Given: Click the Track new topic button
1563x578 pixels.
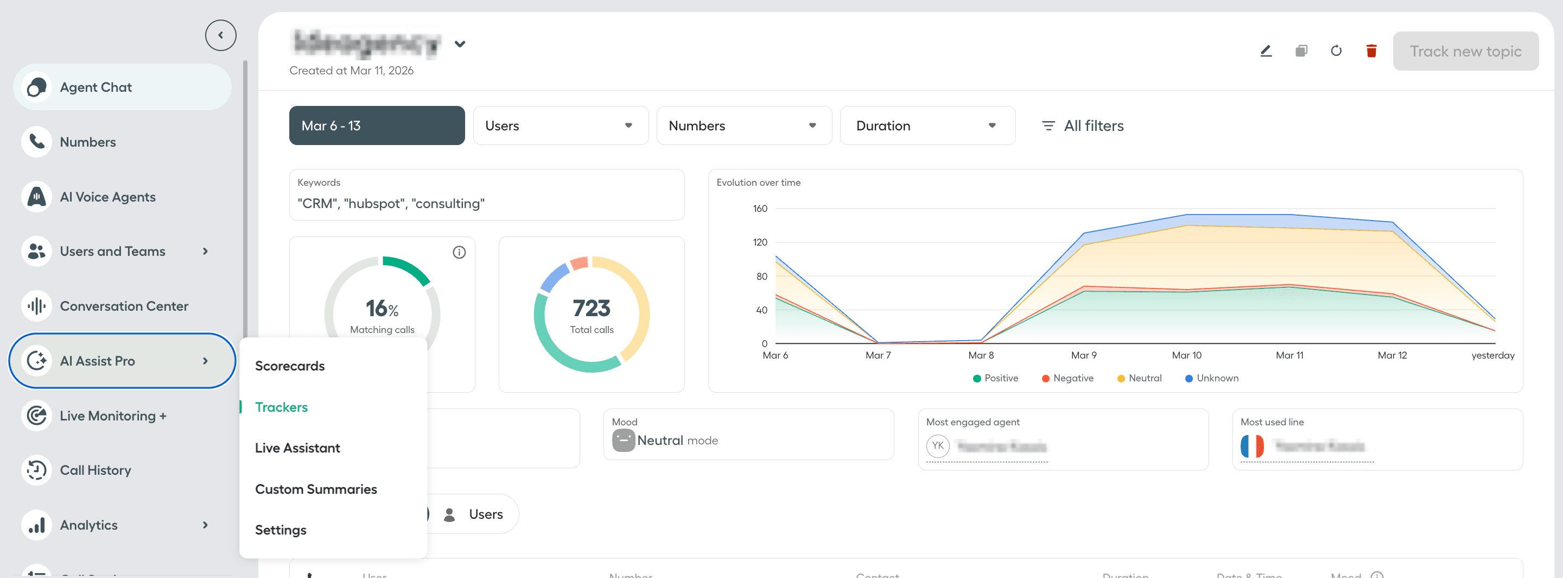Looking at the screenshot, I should point(1465,51).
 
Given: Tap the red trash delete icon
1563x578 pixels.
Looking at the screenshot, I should point(1371,51).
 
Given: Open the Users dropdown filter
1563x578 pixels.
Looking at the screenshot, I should point(560,125).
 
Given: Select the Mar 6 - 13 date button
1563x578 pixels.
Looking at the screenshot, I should point(377,125).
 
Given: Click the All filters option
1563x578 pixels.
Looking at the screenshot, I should point(1083,125).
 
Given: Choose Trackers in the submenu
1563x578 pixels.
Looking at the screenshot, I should point(281,407).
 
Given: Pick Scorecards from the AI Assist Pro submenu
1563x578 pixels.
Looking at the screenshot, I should point(289,366).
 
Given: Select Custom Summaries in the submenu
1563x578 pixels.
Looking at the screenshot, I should point(315,489).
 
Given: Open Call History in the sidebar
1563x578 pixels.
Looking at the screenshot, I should point(96,470).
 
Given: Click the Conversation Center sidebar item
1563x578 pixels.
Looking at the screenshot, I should point(124,306).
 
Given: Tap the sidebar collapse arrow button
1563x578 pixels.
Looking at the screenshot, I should point(220,35).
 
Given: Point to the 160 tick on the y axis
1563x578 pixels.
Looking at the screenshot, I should point(760,209).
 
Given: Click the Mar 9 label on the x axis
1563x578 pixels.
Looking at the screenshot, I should point(1083,355).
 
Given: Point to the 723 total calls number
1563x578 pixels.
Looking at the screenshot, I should point(591,309).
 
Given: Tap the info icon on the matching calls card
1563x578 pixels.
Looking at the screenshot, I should point(459,252).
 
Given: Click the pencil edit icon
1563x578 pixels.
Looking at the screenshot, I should point(1266,51).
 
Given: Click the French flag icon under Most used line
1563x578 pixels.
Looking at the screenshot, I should point(1251,446).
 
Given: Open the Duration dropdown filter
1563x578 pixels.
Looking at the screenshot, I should point(927,125).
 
